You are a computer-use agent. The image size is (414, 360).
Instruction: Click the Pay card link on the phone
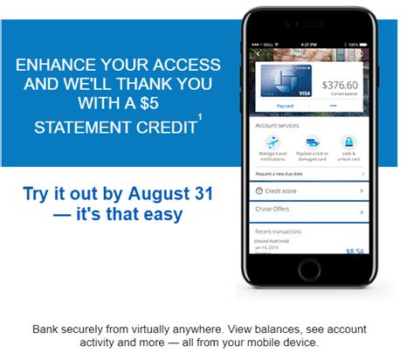pyautogui.click(x=286, y=105)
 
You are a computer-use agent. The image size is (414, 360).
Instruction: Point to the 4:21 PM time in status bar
pyautogui.click(x=310, y=44)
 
